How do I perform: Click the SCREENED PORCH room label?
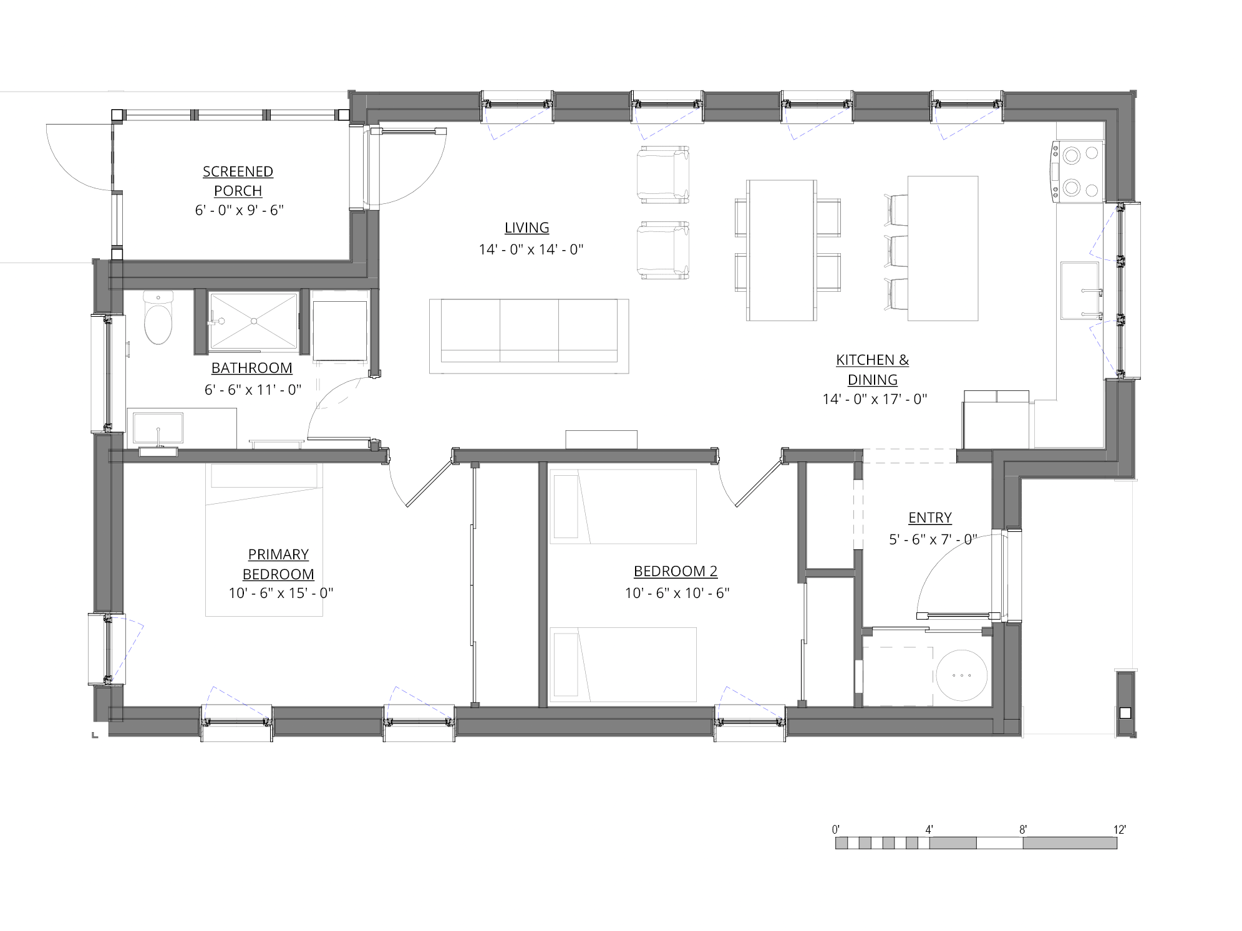(238, 181)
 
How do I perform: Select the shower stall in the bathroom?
(253, 321)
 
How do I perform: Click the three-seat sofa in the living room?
(528, 336)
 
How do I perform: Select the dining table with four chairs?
(782, 250)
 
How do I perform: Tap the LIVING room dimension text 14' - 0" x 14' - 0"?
(531, 250)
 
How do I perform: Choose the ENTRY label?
(929, 518)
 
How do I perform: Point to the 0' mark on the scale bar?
(835, 830)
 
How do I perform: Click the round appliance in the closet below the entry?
(961, 676)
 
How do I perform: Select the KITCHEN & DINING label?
(871, 369)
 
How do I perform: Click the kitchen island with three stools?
(942, 248)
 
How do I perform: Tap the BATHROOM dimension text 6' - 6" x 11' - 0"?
(253, 390)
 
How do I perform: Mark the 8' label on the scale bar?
(1023, 830)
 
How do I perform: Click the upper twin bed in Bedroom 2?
(624, 506)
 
